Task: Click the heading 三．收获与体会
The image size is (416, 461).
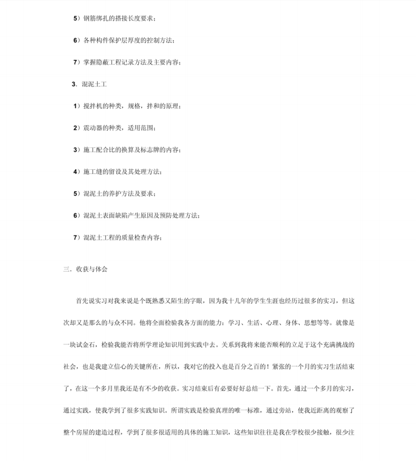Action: pos(85,269)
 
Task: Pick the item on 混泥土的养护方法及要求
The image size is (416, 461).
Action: pos(114,193)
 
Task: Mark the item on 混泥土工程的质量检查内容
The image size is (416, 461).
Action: pos(118,238)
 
